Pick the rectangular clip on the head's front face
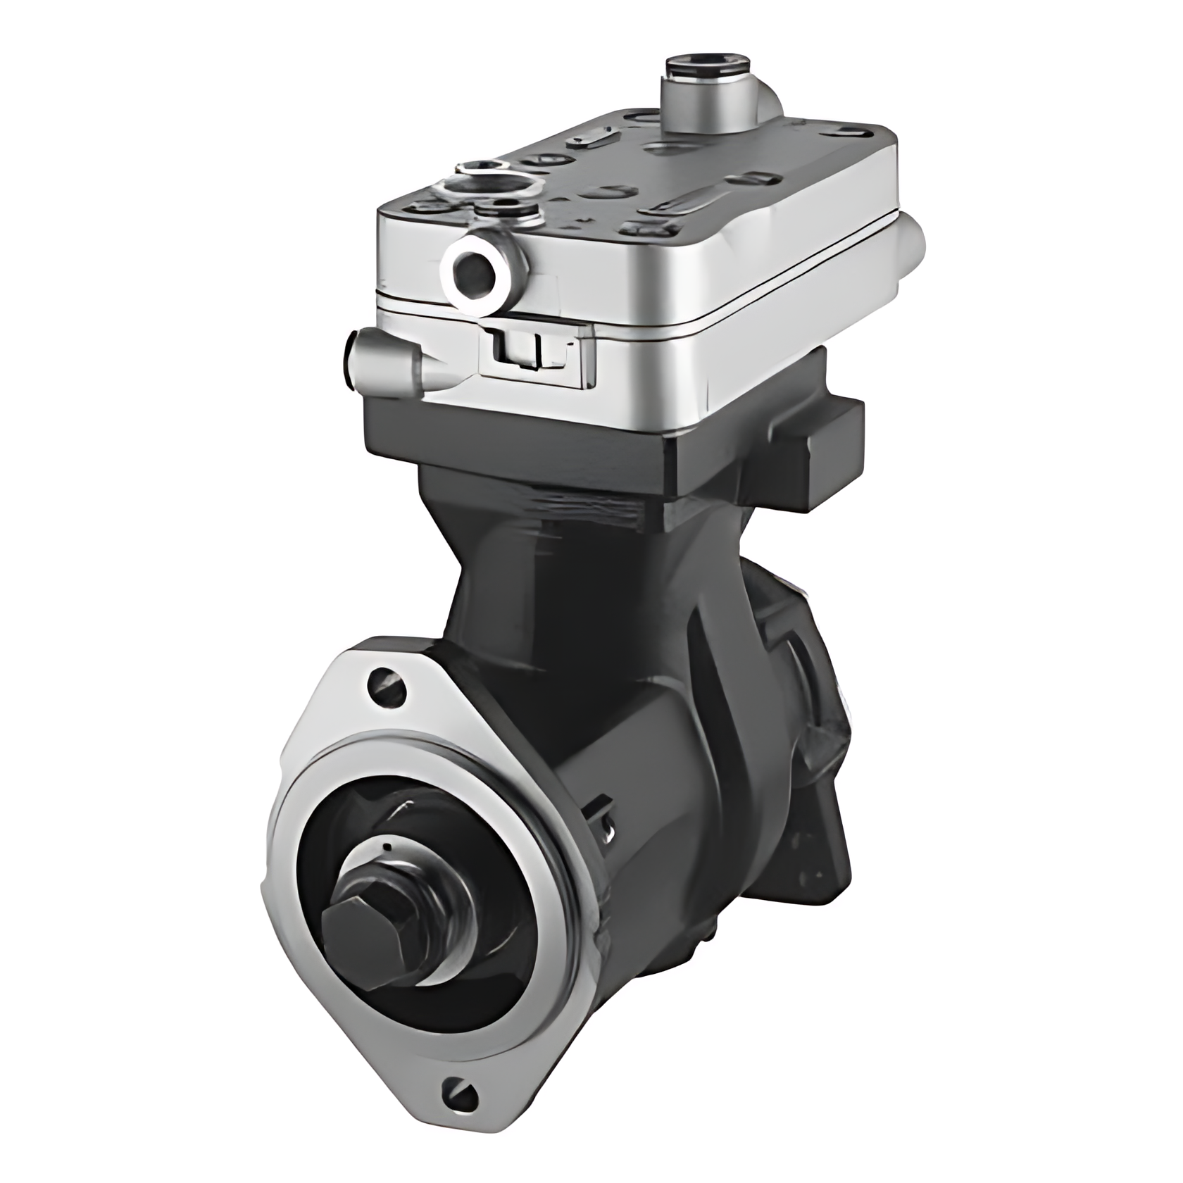click(x=535, y=352)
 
